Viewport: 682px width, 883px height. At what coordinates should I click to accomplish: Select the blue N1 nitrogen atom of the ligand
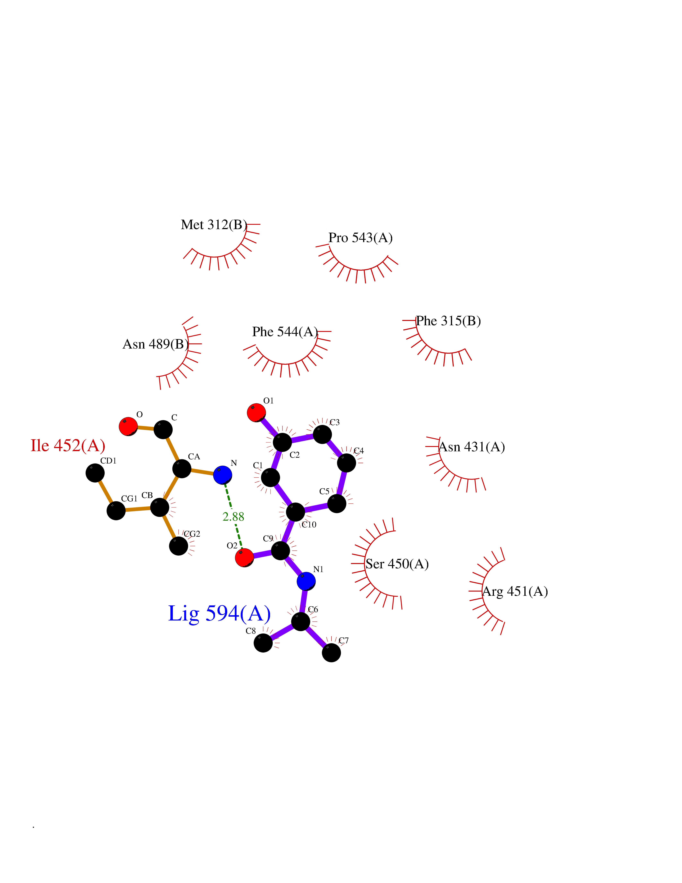306,581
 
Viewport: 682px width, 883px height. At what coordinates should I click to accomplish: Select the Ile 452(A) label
68,445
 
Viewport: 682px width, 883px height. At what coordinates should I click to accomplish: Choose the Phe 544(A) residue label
285,332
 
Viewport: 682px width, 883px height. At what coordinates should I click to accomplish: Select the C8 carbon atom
263,643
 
